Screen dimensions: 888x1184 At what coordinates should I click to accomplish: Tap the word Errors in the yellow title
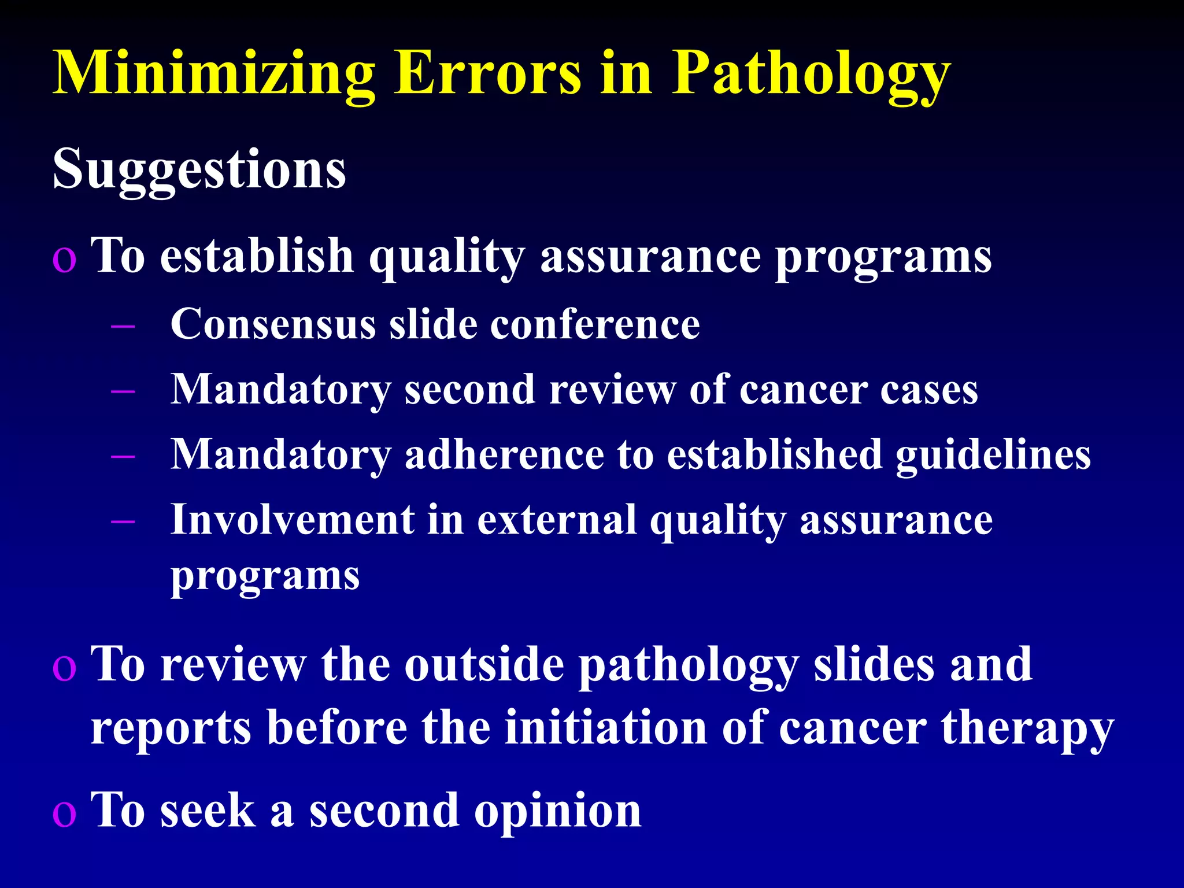pos(487,74)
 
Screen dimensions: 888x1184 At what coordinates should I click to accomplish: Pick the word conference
pos(595,324)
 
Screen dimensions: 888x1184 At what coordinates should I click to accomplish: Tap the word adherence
pos(504,455)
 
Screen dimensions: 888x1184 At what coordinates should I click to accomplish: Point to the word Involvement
pos(293,520)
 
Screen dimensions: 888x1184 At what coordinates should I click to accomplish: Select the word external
pos(557,520)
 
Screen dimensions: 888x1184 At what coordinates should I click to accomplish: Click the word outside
pos(484,665)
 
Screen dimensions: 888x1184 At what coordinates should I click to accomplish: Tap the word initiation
pos(605,728)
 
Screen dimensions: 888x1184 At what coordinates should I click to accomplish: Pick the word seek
pos(208,811)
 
